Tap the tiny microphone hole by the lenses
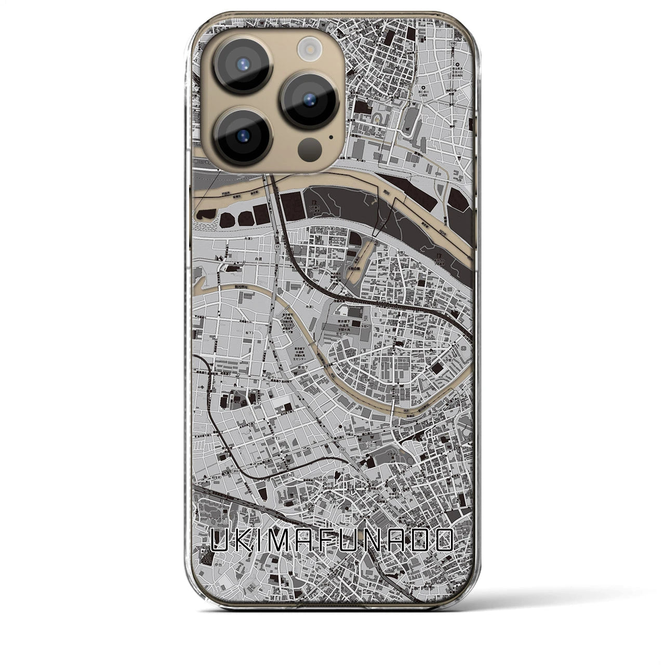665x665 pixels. tap(331, 138)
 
